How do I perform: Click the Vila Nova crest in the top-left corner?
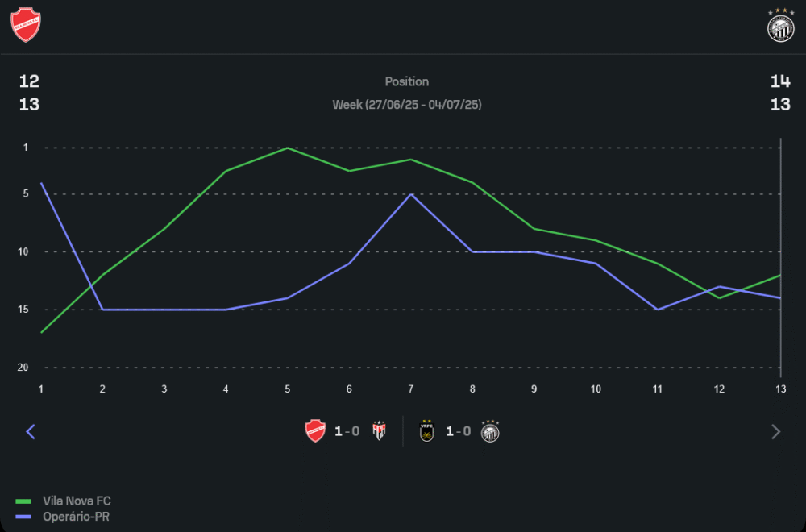[26, 24]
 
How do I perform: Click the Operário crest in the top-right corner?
[780, 25]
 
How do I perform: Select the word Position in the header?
[407, 81]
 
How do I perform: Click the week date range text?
[407, 105]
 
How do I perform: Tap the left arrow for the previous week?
[31, 432]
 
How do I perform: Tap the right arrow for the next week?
[775, 432]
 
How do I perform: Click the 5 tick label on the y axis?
[26, 193]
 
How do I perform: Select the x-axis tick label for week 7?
[411, 389]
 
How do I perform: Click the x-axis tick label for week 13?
[780, 389]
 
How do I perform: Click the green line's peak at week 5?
[288, 148]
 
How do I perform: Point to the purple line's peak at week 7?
[411, 194]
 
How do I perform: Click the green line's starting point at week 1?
[42, 332]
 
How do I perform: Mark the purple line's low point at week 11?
[658, 310]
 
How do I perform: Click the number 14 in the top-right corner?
[780, 81]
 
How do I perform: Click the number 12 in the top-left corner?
[29, 81]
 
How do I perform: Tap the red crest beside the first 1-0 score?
[315, 431]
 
